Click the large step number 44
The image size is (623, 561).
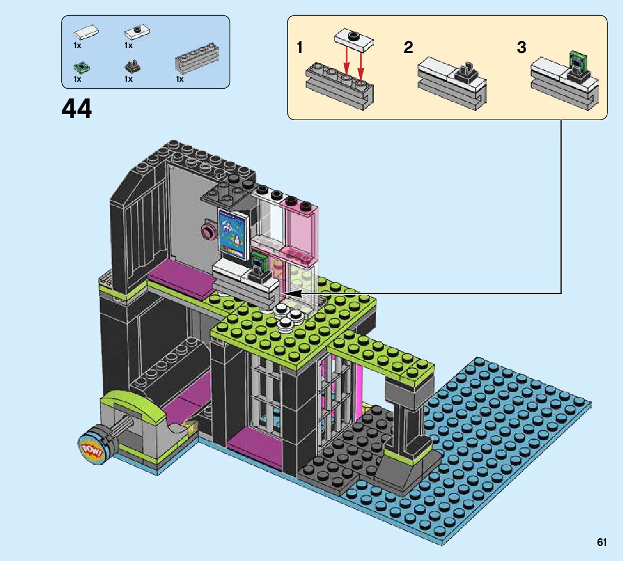point(77,109)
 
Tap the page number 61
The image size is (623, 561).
point(602,542)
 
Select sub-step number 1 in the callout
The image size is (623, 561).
point(300,48)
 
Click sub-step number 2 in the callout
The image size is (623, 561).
point(408,48)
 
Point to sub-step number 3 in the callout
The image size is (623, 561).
point(521,48)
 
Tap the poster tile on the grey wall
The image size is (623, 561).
point(233,235)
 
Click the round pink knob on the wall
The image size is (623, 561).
point(207,232)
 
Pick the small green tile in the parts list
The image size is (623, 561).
point(82,68)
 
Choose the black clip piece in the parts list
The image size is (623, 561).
point(131,67)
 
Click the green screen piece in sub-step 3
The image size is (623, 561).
point(578,60)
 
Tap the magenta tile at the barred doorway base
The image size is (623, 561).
point(254,447)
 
